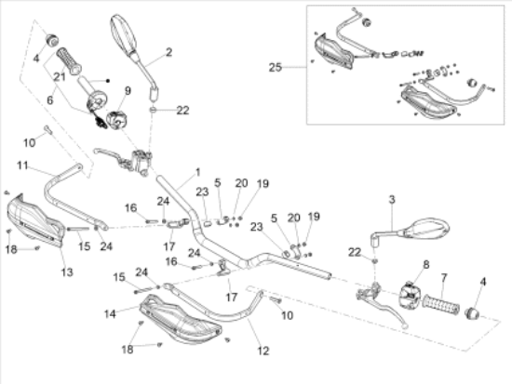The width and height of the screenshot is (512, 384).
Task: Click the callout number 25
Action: click(275, 67)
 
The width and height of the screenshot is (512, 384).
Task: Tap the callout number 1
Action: click(198, 172)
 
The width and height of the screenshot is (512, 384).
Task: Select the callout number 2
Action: click(168, 52)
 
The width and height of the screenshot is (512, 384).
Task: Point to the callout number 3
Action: click(392, 199)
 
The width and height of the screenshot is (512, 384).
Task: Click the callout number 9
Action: click(128, 91)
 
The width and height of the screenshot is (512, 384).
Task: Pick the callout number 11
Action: click(22, 166)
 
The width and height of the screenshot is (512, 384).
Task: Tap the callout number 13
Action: click(67, 272)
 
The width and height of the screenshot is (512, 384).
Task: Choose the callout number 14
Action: click(110, 314)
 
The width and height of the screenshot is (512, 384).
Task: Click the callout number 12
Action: click(263, 351)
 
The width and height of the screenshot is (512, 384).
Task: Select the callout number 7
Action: click(444, 278)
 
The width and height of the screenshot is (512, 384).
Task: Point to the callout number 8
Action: click(426, 264)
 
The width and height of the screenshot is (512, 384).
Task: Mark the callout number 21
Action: click(60, 76)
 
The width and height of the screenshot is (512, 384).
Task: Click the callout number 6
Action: click(49, 99)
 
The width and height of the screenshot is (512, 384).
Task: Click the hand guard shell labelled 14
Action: click(181, 320)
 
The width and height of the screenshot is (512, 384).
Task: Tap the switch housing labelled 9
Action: click(116, 119)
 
